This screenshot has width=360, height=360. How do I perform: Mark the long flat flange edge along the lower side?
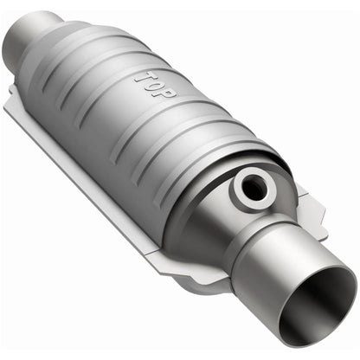pyautogui.click(x=104, y=190)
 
